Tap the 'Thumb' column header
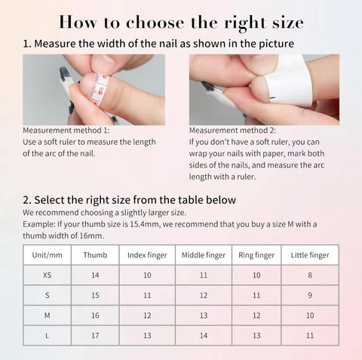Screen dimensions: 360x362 [95, 255]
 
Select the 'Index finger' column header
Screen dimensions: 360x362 [148, 255]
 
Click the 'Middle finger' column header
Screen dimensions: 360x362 [204, 255]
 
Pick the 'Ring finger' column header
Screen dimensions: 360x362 [256, 255]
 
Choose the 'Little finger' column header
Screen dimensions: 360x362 [310, 255]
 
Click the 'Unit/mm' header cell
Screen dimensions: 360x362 [47, 255]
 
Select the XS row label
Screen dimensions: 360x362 [47, 275]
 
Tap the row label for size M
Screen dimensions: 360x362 [47, 315]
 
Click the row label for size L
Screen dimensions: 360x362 [47, 334]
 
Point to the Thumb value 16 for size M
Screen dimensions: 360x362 [95, 315]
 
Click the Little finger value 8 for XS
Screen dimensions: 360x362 [310, 275]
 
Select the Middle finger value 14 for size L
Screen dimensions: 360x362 [204, 334]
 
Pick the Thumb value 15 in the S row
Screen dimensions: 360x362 [95, 295]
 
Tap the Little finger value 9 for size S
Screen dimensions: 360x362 [310, 295]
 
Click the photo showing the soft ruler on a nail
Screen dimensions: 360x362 [94, 89]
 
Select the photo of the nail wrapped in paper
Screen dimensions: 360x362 [263, 89]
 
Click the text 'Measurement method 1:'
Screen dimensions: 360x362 [66, 130]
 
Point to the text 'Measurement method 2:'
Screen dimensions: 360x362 [232, 130]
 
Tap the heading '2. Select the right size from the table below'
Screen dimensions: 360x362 [130, 200]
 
